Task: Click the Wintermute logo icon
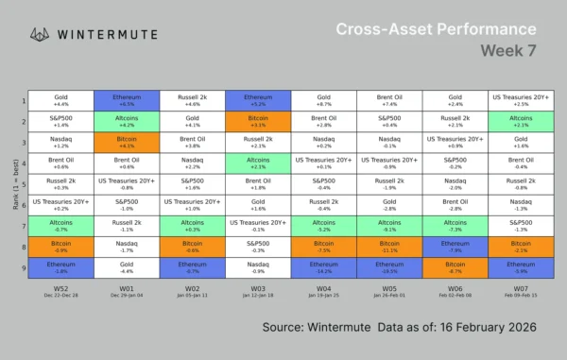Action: tap(41, 34)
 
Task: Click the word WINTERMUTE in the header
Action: tap(108, 34)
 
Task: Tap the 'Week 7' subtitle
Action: tap(509, 49)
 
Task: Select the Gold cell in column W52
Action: tap(61, 100)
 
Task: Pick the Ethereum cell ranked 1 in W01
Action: tap(127, 100)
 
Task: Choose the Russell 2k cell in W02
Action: tap(192, 100)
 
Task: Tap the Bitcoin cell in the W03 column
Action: tap(257, 121)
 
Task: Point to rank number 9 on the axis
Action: tap(25, 268)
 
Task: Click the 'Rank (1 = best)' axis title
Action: tap(11, 184)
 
